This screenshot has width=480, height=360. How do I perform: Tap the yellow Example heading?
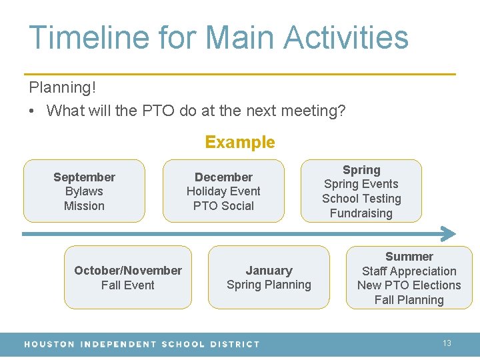[x=240, y=142]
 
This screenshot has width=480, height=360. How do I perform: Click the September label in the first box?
[x=84, y=177]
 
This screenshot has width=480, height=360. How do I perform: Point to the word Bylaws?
[x=84, y=191]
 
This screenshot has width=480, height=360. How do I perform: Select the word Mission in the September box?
[x=84, y=206]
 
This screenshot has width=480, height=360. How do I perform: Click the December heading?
[x=223, y=177]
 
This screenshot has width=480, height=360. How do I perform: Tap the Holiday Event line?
[x=223, y=191]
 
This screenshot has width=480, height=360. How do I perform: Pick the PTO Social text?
[x=223, y=206]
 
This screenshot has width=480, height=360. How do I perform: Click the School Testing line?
[x=361, y=199]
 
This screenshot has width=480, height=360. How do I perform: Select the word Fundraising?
[x=361, y=213]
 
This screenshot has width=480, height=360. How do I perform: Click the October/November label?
[x=128, y=270]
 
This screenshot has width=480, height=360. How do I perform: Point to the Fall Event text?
[x=128, y=285]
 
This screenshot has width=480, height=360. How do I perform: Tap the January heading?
[x=269, y=270]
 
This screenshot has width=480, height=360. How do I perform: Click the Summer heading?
[x=409, y=256]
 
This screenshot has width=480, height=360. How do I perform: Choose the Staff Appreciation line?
[x=409, y=271]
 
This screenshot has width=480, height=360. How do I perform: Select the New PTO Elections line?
[x=409, y=285]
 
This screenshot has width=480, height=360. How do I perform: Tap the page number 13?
[x=447, y=343]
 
